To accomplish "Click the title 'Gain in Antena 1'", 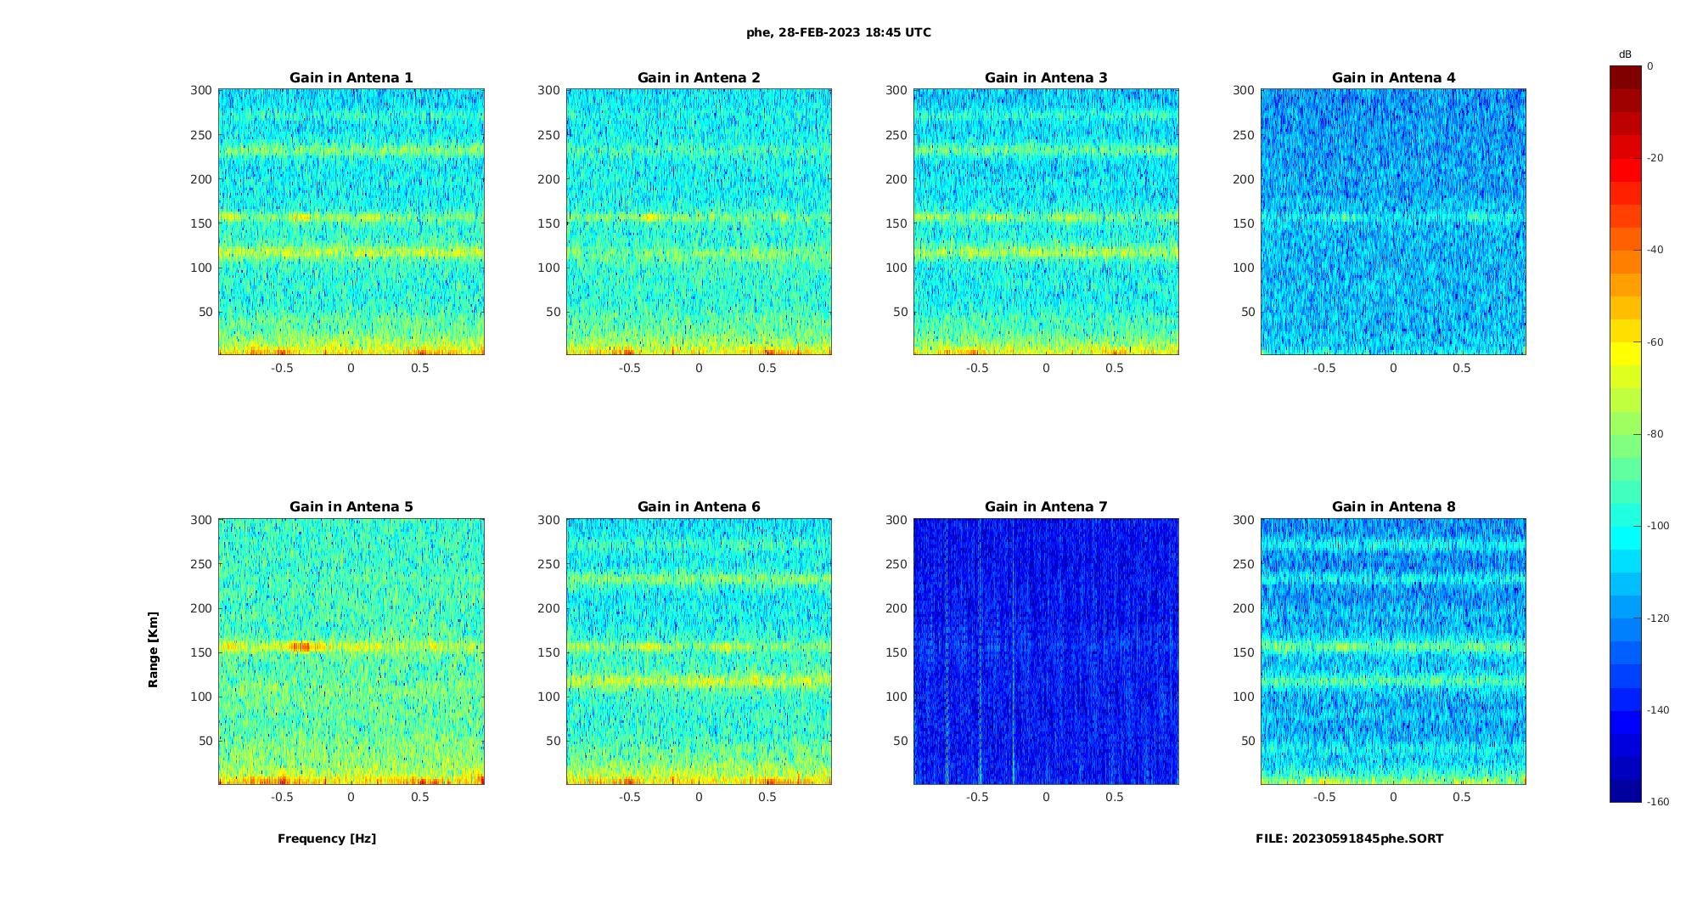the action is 351,78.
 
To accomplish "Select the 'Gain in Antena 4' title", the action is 1393,78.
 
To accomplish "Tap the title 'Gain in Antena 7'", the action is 1046,507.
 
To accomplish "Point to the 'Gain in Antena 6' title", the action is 699,507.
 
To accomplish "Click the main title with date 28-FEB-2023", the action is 839,33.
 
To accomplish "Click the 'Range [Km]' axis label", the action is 154,650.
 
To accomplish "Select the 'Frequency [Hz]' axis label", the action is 327,838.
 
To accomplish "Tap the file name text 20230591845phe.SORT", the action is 1349,838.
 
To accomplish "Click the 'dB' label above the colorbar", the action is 1625,54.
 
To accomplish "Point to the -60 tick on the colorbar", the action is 1655,342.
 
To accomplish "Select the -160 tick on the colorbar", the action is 1657,802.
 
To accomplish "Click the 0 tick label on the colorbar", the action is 1650,66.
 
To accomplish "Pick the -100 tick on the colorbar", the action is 1657,526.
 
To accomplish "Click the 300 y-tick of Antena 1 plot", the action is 201,91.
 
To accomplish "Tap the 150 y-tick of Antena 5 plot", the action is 201,652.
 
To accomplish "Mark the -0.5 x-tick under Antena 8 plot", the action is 1324,797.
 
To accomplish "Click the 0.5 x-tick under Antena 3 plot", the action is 1115,368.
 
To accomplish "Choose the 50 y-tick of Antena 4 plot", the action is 1247,312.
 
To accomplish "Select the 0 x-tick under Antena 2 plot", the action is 699,368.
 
